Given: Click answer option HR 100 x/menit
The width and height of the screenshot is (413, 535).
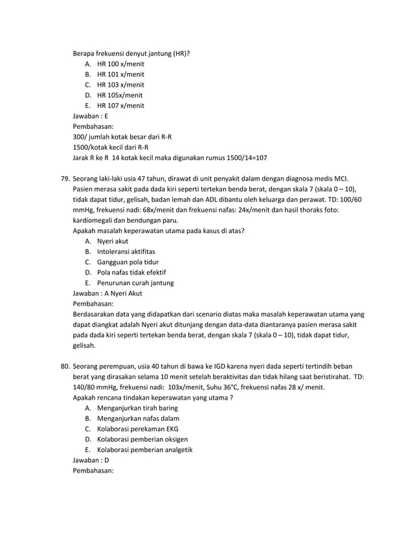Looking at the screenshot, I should tap(120, 64).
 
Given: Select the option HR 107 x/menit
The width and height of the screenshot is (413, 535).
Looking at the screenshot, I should tap(120, 106).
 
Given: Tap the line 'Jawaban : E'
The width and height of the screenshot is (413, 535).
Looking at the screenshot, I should tap(91, 116).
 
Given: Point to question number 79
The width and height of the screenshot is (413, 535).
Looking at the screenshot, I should tap(65, 179).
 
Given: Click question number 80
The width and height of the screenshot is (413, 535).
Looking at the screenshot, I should tap(65, 366).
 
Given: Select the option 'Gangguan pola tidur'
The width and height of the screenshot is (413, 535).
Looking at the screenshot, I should tap(128, 262).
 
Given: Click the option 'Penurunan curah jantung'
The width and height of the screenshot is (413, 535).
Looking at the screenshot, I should tap(135, 282).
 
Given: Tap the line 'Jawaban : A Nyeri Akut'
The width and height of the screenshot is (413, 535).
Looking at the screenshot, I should tap(107, 293).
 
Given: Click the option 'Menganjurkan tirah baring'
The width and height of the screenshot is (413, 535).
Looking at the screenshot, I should tap(137, 408).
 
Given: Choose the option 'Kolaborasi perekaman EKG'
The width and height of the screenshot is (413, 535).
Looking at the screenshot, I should tap(137, 429).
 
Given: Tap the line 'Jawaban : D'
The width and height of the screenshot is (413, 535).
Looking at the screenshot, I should tap(91, 460).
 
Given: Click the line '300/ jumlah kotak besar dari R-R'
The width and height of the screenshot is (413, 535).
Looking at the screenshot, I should tap(122, 137).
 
